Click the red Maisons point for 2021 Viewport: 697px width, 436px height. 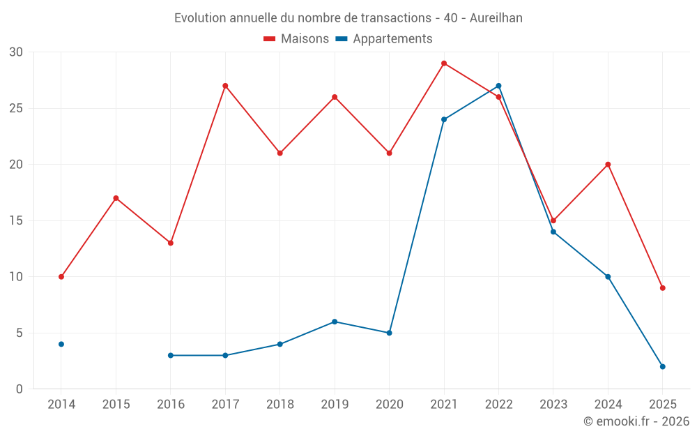(x=444, y=63)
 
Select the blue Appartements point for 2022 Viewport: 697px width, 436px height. (x=498, y=86)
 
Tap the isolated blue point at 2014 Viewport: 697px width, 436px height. (x=61, y=344)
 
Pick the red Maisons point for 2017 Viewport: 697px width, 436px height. (x=225, y=86)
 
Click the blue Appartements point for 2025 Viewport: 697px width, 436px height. (x=662, y=366)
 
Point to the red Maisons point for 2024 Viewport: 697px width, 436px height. (x=608, y=165)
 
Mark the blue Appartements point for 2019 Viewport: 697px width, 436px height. (x=335, y=322)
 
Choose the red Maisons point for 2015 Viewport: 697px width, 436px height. (x=116, y=198)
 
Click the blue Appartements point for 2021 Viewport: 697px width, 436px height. (x=444, y=119)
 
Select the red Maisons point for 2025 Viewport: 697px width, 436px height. (x=662, y=288)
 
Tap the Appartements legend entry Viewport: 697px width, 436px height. (x=385, y=39)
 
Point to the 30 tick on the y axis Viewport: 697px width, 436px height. (x=16, y=52)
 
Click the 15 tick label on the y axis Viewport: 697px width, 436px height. (x=16, y=220)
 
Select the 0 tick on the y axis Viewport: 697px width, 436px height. (x=20, y=389)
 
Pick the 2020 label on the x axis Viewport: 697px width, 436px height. (x=389, y=405)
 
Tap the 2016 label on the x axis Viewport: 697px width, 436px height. (x=170, y=405)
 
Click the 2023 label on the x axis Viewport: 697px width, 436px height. (x=553, y=405)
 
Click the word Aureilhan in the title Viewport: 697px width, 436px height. (x=496, y=18)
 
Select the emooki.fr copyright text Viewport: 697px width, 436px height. (x=636, y=421)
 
